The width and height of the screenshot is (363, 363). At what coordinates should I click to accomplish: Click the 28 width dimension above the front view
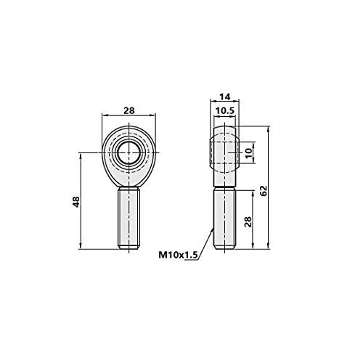(x=129, y=110)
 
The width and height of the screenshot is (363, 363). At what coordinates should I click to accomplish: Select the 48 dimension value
(x=76, y=202)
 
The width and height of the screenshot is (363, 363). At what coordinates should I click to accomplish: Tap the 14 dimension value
(x=224, y=97)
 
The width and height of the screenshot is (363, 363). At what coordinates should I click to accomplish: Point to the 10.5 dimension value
(x=225, y=111)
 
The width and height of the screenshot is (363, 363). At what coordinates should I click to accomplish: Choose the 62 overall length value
(x=264, y=191)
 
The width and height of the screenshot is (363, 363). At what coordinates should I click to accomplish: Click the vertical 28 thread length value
(x=248, y=221)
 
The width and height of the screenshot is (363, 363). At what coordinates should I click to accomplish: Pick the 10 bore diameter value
(x=248, y=153)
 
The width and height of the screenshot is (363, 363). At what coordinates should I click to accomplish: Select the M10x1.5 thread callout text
(x=178, y=255)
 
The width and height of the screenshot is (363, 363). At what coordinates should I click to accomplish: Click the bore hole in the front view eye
(x=129, y=152)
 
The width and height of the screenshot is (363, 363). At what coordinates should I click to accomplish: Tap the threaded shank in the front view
(x=129, y=219)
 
